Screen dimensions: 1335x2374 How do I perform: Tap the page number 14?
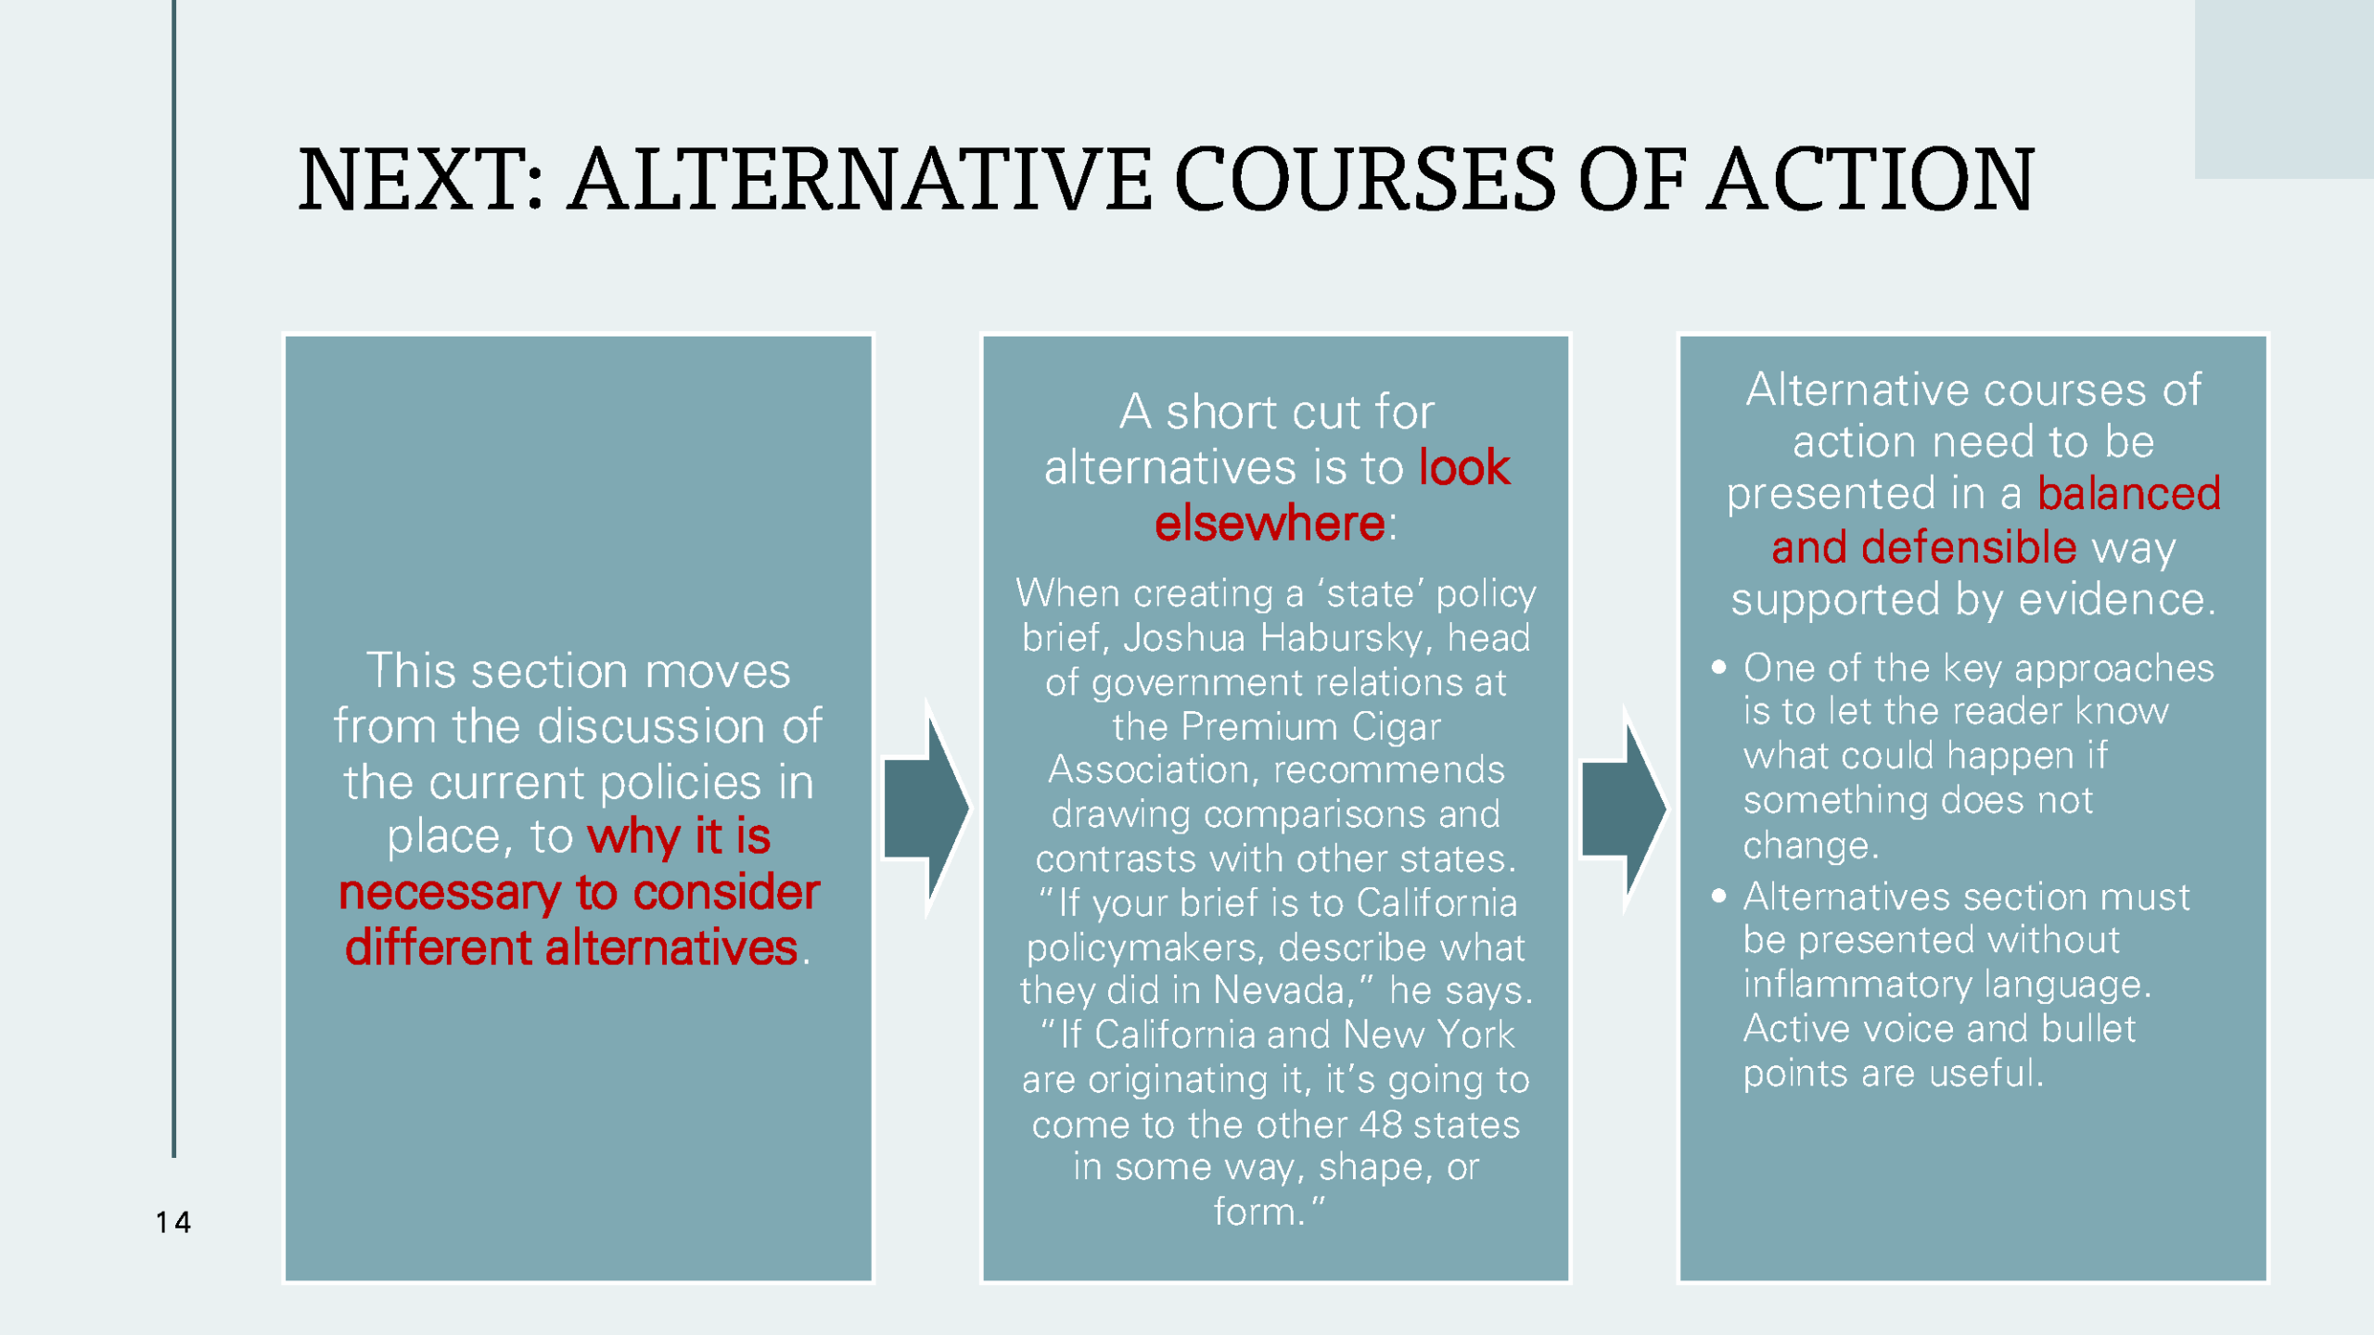pyautogui.click(x=173, y=1223)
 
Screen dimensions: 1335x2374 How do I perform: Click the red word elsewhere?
pyautogui.click(x=1269, y=524)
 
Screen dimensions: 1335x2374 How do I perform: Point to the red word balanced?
pyautogui.click(x=2128, y=494)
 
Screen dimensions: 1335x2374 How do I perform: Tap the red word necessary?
pyautogui.click(x=449, y=893)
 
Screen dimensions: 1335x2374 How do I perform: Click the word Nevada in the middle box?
pyautogui.click(x=1279, y=991)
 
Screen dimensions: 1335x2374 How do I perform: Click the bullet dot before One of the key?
pyautogui.click(x=1718, y=667)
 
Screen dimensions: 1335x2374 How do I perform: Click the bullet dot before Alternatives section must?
pyautogui.click(x=1718, y=896)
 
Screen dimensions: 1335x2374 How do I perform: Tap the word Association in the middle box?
pyautogui.click(x=1155, y=770)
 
